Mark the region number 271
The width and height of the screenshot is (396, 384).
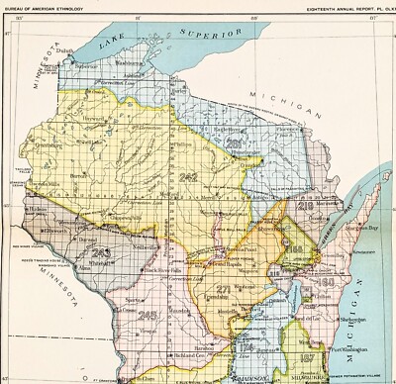[x=224, y=290]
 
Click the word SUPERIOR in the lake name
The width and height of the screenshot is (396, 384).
[x=210, y=37]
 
